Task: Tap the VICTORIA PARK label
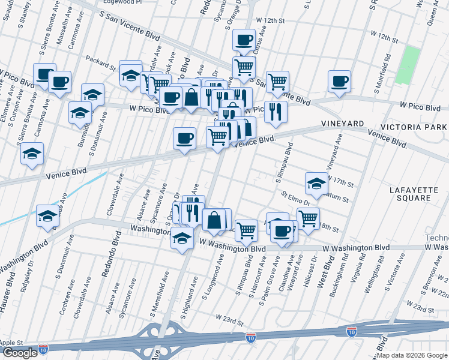[x=414, y=127]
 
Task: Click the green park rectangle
[x=408, y=64]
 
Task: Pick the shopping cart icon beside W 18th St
[x=308, y=218]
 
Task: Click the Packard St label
[x=100, y=62]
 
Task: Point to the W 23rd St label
[x=229, y=319]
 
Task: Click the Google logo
[x=20, y=353]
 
